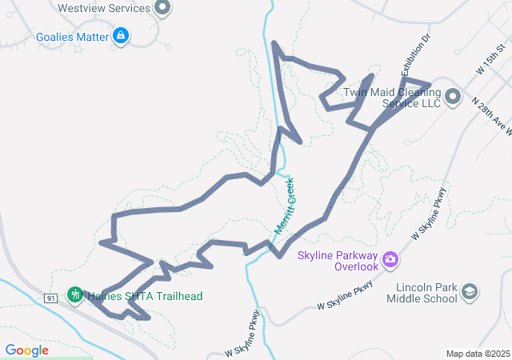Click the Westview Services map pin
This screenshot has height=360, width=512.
tap(162, 9)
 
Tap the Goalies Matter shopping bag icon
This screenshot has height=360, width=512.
tap(121, 36)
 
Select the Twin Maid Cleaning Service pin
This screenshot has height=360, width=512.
tap(453, 98)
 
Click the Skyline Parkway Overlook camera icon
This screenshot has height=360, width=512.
tap(390, 258)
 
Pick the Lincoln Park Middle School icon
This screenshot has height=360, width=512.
tap(470, 292)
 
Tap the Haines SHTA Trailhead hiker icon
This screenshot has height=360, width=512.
tap(75, 295)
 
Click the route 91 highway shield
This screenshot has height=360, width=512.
tap(50, 298)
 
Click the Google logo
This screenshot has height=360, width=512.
tap(26, 350)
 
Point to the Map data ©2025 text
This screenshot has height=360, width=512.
tap(478, 354)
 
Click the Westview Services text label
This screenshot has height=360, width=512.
tap(104, 9)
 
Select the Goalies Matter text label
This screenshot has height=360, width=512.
tap(72, 37)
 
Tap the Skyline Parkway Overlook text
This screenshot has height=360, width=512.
tap(337, 261)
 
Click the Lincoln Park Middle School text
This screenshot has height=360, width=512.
tap(421, 293)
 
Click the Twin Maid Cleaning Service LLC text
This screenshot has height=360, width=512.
tap(392, 98)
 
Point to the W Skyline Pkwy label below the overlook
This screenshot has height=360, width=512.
tap(346, 296)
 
